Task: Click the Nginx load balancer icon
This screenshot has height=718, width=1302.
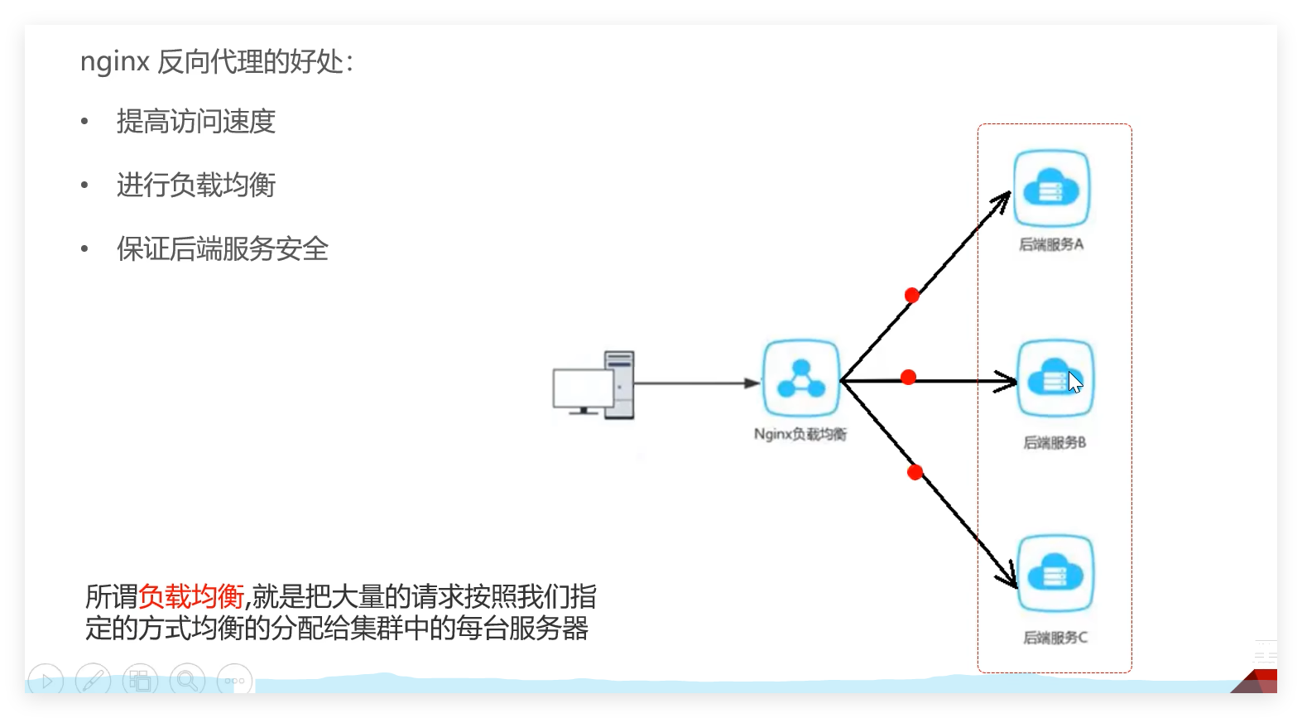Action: point(800,378)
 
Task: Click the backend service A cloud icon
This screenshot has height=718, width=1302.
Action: point(1051,189)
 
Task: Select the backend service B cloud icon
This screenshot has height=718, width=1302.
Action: point(1055,379)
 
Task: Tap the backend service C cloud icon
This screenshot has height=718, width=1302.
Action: point(1055,574)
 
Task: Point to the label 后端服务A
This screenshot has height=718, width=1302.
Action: point(1051,244)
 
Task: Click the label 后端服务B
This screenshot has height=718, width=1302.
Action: point(1055,442)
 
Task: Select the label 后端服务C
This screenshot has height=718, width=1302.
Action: point(1055,638)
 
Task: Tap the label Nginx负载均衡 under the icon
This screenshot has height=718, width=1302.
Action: point(800,434)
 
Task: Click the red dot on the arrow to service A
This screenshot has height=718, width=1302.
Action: point(911,296)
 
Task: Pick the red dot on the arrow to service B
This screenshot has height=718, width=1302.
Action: point(908,378)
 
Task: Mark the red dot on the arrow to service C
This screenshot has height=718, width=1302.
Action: point(915,472)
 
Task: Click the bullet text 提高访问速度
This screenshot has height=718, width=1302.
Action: point(195,122)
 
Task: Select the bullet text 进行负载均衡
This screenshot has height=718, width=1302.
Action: point(195,186)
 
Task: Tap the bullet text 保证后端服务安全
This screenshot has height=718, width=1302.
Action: point(222,249)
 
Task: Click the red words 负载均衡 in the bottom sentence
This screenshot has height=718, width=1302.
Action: point(191,596)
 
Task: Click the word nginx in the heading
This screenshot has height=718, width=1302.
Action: point(114,62)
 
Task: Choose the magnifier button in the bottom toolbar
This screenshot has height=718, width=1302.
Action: point(187,681)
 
